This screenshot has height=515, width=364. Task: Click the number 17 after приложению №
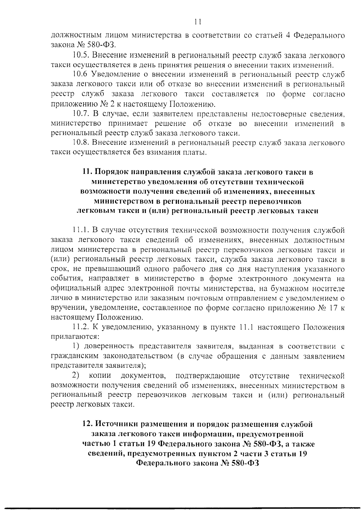click(x=333, y=308)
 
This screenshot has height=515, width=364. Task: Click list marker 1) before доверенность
click(x=76, y=346)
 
